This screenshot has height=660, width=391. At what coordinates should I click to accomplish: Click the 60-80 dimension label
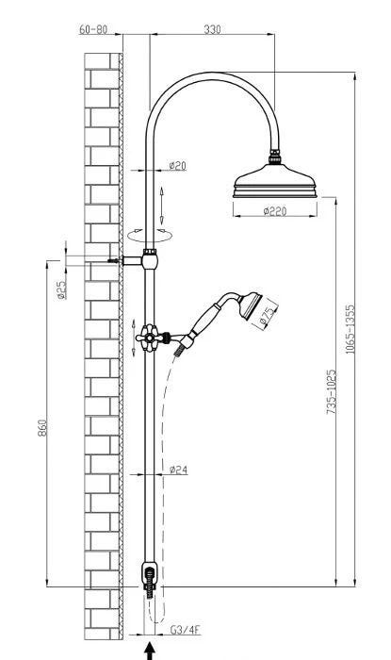click(93, 29)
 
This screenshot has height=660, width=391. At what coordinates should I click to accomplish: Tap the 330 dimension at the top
click(212, 29)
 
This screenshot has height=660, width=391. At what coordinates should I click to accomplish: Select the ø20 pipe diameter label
click(177, 165)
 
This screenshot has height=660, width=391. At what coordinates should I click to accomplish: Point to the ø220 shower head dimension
click(275, 210)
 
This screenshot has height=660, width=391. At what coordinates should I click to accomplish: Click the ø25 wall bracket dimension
click(61, 289)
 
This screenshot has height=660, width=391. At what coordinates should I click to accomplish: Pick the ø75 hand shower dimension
click(268, 317)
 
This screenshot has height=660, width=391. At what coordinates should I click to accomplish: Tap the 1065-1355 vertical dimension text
click(350, 329)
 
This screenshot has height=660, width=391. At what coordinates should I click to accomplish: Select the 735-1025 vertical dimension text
click(332, 391)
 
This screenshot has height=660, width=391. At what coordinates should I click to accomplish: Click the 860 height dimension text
click(42, 427)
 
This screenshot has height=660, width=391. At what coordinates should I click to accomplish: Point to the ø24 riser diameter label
click(179, 470)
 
